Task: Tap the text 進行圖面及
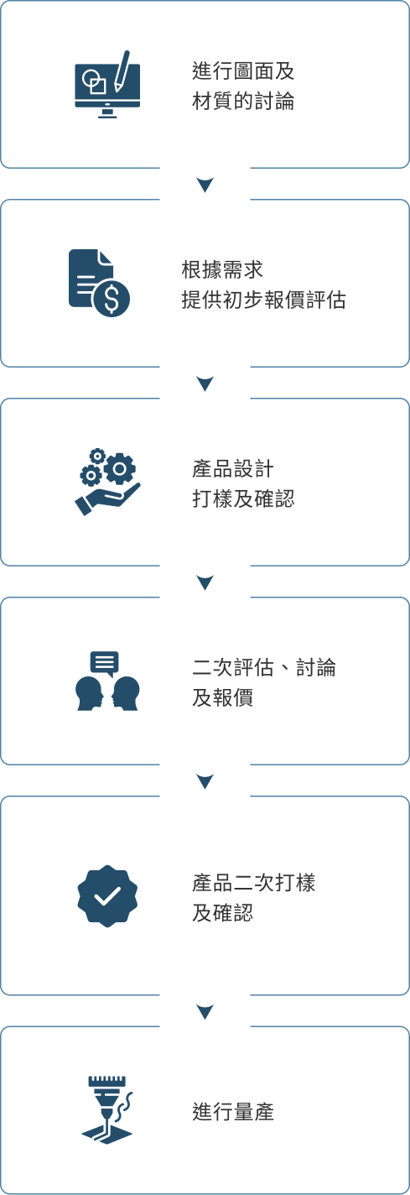(x=243, y=70)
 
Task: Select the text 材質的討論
(x=243, y=101)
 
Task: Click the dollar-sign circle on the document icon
(x=111, y=299)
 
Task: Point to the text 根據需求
(x=222, y=269)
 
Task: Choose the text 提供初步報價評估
(x=263, y=300)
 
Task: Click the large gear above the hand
(x=119, y=468)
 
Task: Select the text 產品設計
(x=233, y=468)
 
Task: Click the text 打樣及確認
(x=243, y=498)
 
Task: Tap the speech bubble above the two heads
(x=105, y=664)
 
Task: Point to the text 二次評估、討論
(x=264, y=667)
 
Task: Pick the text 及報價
(x=222, y=698)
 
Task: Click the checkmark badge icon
(x=107, y=896)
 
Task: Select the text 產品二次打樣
(x=254, y=882)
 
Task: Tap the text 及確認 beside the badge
(x=222, y=913)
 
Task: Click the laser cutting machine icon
(x=107, y=1109)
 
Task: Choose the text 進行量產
(x=233, y=1112)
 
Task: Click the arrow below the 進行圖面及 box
(x=205, y=185)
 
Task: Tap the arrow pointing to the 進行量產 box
(x=205, y=1011)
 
